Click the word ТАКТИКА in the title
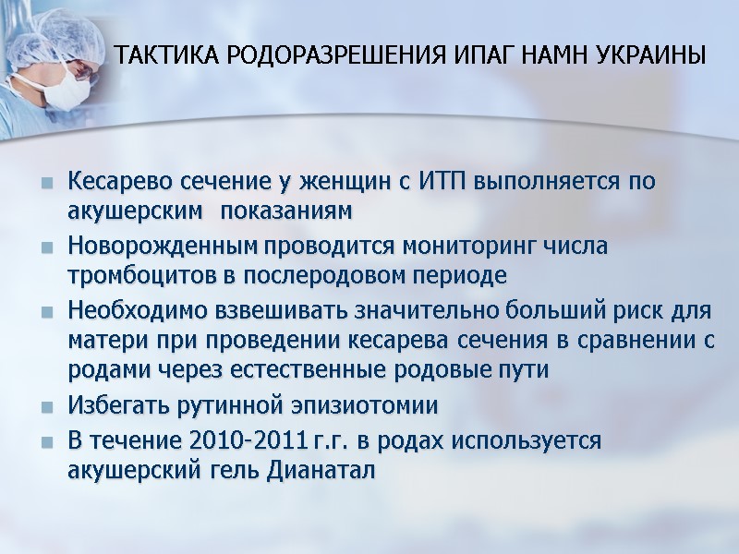click(155, 55)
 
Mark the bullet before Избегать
click(46, 407)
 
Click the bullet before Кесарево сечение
click(46, 182)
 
